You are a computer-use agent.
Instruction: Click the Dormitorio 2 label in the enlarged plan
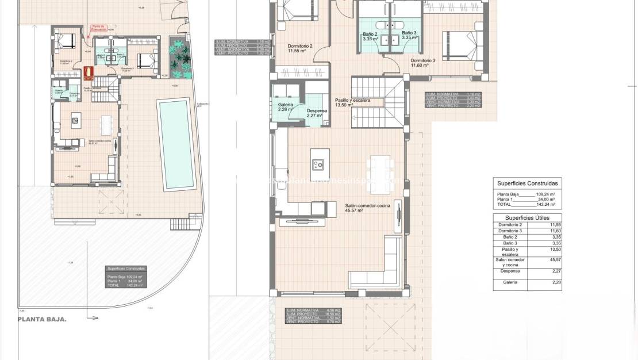click(x=299, y=48)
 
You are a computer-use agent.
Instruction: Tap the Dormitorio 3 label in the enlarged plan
click(x=422, y=62)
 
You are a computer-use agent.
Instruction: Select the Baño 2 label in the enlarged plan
click(x=370, y=36)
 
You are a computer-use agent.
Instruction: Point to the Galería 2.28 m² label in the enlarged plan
click(x=286, y=107)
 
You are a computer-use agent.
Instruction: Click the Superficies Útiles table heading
click(x=526, y=217)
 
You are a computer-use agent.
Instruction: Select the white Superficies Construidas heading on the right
click(x=527, y=183)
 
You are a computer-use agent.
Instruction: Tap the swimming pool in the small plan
click(x=175, y=144)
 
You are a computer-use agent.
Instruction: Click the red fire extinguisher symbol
click(x=88, y=72)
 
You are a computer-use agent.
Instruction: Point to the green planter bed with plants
click(x=180, y=60)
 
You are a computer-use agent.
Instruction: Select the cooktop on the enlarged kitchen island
click(x=317, y=164)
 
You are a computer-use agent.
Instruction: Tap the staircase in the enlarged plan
click(x=381, y=104)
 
